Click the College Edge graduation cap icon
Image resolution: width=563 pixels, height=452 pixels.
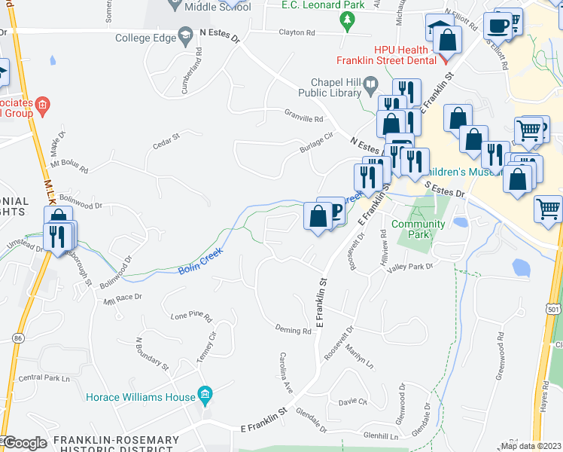185,37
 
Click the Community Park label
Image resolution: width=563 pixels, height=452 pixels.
418,229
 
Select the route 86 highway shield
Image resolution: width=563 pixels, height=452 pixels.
17,339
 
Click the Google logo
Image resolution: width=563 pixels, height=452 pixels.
24,443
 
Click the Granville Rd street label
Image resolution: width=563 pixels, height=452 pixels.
303,119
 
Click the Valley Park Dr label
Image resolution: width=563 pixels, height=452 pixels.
410,266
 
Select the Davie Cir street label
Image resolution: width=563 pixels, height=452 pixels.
352,402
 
